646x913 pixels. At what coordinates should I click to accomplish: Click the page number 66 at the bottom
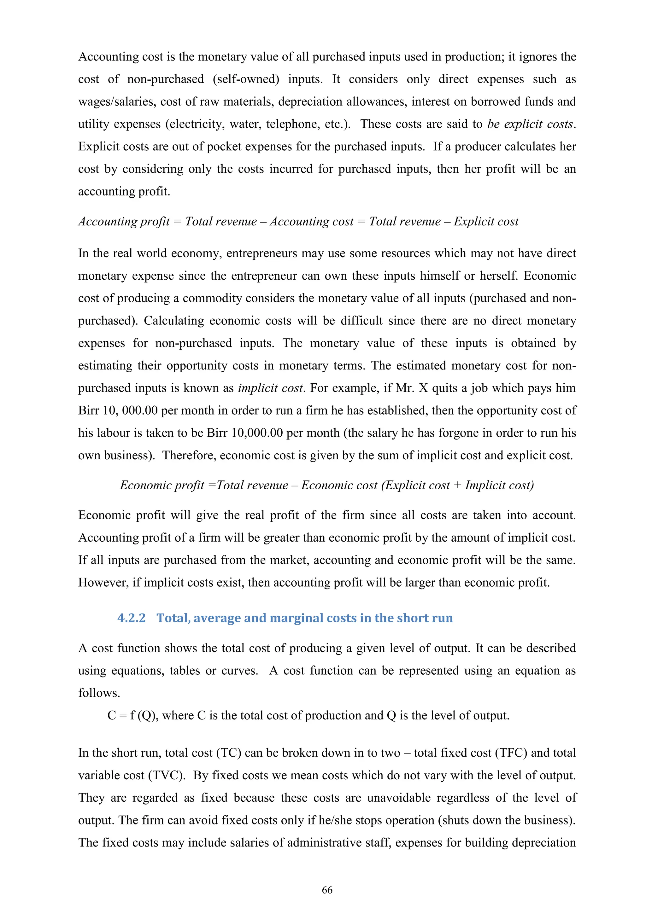tap(327, 890)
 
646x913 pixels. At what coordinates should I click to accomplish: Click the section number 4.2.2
tap(131, 618)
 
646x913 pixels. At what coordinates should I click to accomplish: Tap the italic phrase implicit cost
tap(271, 388)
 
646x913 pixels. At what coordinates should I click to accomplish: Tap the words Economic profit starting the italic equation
tap(162, 485)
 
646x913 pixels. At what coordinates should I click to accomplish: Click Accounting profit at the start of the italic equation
tap(124, 222)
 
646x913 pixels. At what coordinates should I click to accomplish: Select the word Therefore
tap(189, 455)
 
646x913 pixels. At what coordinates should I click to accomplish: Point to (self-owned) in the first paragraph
tap(246, 79)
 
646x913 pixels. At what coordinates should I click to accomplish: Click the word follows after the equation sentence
tap(99, 693)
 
